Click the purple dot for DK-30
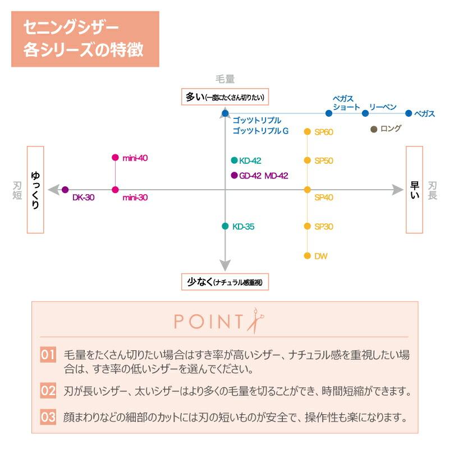click(x=65, y=190)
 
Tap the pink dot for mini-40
click(x=115, y=158)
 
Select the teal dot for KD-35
click(x=225, y=227)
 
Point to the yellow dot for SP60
click(x=308, y=132)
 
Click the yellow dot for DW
click(x=308, y=256)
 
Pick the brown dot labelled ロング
click(x=374, y=129)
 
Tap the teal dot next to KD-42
click(x=234, y=161)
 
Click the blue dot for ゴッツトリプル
click(x=225, y=113)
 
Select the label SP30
click(x=324, y=227)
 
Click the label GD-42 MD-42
click(x=263, y=176)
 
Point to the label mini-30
click(x=135, y=198)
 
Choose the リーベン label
click(x=383, y=107)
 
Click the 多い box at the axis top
click(x=224, y=97)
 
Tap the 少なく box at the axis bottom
click(x=225, y=282)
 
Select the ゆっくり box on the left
click(x=35, y=190)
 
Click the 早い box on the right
click(x=414, y=190)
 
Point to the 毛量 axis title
click(x=225, y=79)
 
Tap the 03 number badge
click(x=48, y=418)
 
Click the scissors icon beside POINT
click(x=256, y=322)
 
